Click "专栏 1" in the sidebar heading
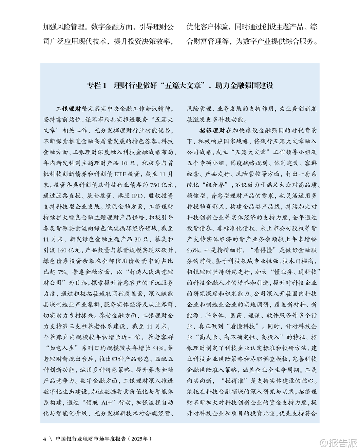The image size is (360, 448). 97,86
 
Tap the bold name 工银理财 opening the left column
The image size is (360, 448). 68,109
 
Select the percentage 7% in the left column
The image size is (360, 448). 63,272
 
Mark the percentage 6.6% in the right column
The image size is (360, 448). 194,250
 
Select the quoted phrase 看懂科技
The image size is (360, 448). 245,326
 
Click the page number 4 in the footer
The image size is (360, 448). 44,438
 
